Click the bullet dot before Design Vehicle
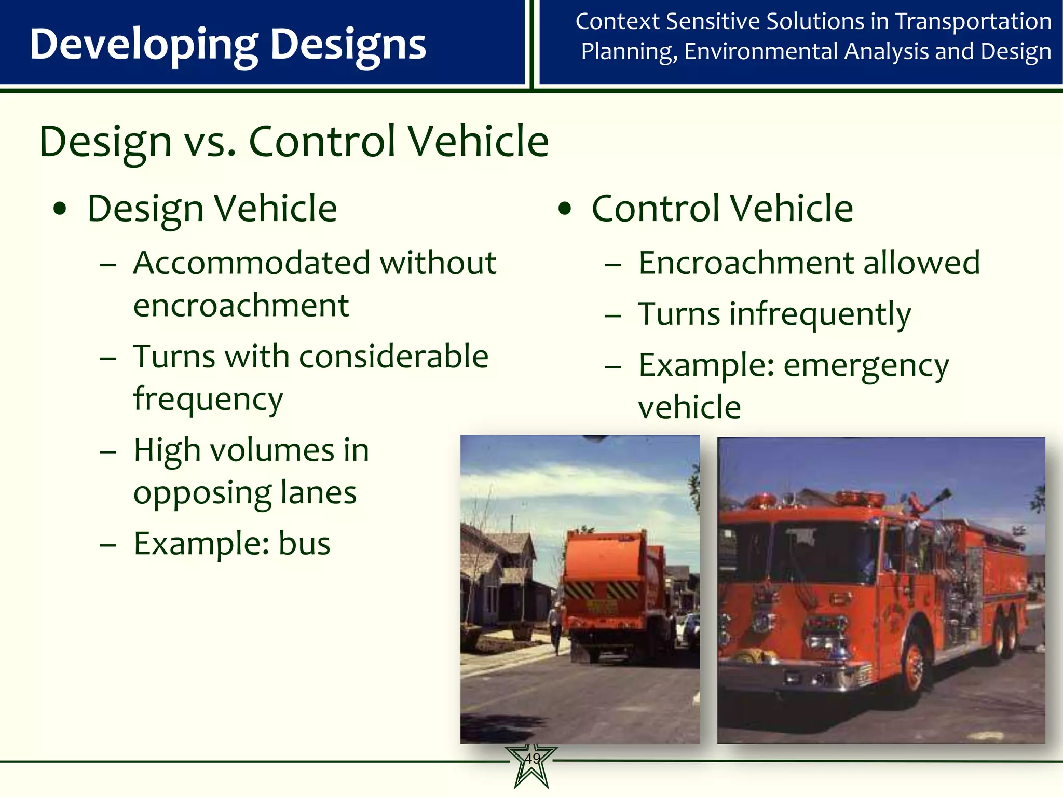[x=60, y=209]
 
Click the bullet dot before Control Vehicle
[x=565, y=209]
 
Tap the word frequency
[x=208, y=400]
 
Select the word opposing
[x=202, y=493]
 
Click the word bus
[x=304, y=544]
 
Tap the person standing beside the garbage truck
[x=555, y=625]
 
